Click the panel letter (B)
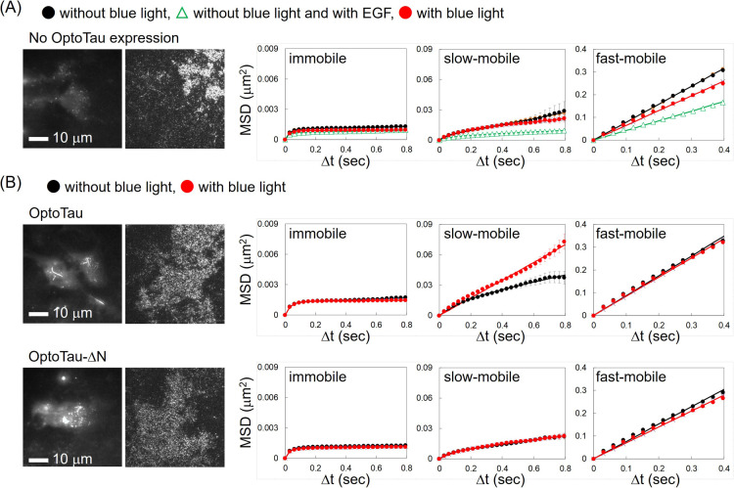(11, 182)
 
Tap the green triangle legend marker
(182, 13)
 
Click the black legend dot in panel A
(49, 13)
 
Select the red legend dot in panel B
(187, 187)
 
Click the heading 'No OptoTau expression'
(104, 38)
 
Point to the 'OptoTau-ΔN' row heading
(68, 357)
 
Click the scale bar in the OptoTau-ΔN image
(38, 460)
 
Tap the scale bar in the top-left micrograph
(38, 139)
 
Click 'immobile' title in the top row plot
(317, 59)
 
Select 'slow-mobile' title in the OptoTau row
(482, 234)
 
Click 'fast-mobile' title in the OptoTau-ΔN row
(630, 377)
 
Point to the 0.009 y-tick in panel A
(268, 49)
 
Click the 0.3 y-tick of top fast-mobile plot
(581, 71)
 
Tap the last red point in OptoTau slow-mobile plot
(564, 242)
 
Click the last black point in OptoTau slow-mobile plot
(564, 278)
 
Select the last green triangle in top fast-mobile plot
(723, 103)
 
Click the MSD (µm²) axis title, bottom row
(247, 414)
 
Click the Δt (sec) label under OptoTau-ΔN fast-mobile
(655, 479)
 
